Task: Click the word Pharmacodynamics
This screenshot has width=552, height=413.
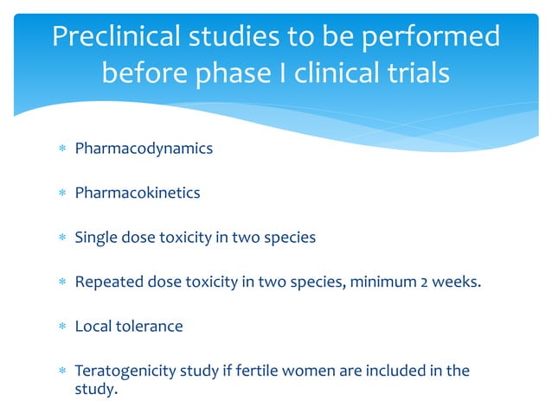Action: (144, 149)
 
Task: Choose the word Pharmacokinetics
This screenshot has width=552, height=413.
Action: (138, 193)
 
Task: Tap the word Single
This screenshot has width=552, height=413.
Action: (94, 238)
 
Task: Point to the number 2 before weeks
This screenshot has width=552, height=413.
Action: (424, 283)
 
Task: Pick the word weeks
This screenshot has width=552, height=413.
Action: (457, 283)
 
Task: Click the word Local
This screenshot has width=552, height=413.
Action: (92, 327)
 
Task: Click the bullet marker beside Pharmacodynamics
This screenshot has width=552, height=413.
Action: (61, 149)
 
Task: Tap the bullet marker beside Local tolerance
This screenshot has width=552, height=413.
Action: (61, 327)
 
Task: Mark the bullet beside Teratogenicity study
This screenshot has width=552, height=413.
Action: (61, 372)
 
